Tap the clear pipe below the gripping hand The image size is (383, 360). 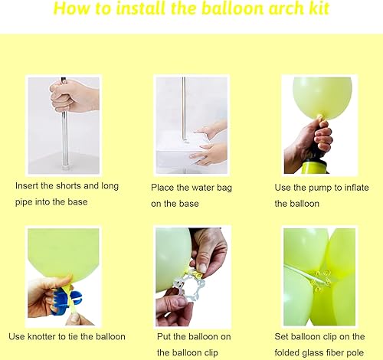[64, 139]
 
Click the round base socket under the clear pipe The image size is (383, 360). [65, 169]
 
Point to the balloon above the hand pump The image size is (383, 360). [322, 97]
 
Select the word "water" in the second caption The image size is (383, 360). [203, 188]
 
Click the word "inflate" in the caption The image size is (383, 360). [357, 188]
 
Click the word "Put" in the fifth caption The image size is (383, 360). [164, 336]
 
